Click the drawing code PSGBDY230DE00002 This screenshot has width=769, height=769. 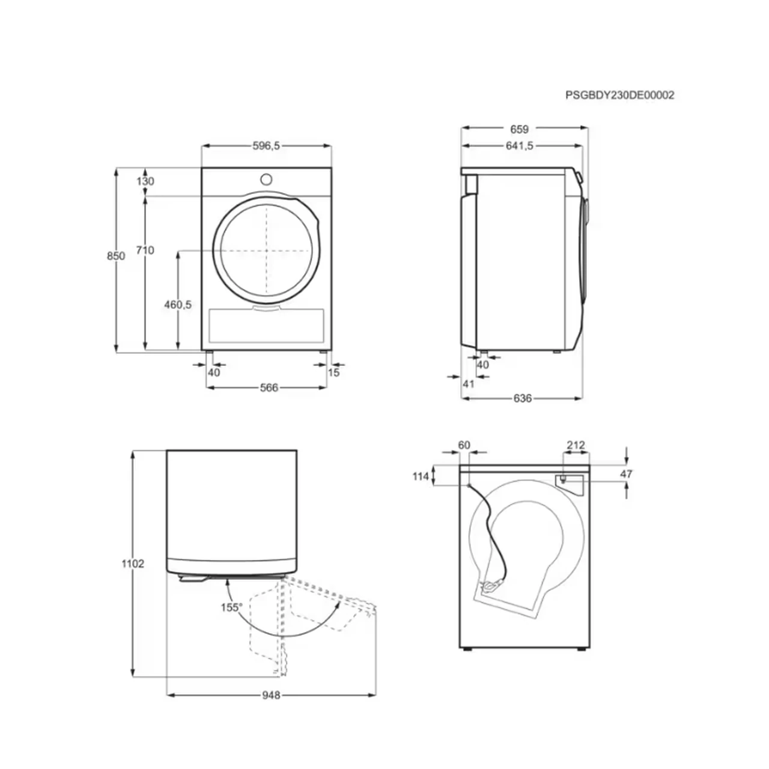click(x=619, y=95)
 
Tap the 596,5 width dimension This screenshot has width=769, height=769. click(x=266, y=146)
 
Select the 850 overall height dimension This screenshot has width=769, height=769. click(x=116, y=256)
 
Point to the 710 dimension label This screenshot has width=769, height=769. click(x=145, y=250)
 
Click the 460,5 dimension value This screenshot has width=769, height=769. click(x=178, y=305)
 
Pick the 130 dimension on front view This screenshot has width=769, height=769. click(x=145, y=181)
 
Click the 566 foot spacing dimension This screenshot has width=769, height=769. click(x=269, y=388)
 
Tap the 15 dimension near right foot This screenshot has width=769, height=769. click(x=333, y=372)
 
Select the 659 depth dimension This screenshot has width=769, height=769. click(x=519, y=129)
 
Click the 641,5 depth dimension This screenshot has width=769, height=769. click(x=520, y=146)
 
